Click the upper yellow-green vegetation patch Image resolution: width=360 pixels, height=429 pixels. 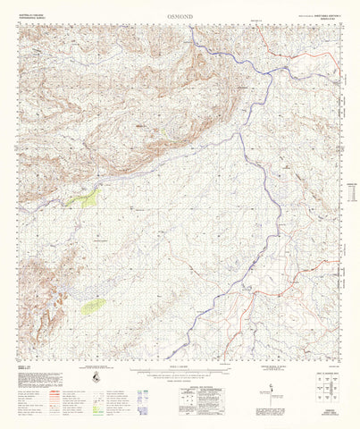point(87,198)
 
